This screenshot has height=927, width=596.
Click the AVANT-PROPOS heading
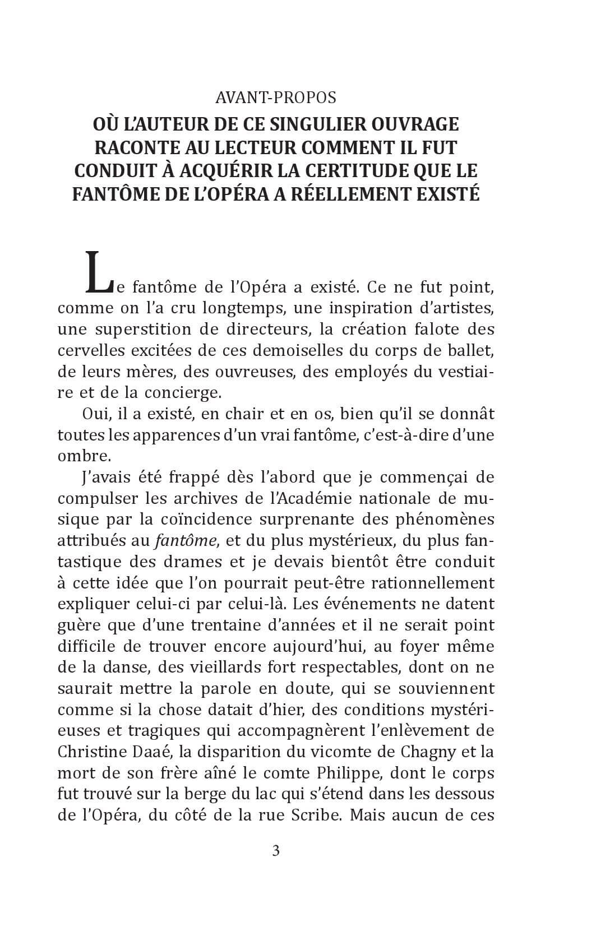pyautogui.click(x=276, y=98)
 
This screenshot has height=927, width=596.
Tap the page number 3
pyautogui.click(x=276, y=851)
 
